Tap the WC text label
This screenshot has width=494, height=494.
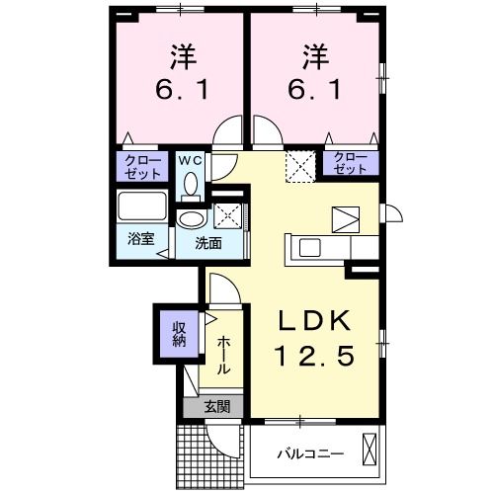coord(190,158)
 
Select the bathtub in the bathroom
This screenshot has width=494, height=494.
coord(140,208)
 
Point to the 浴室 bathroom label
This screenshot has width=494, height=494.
coord(139,240)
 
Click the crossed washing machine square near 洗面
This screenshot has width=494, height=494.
coord(228,214)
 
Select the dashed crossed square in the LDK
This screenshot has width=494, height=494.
coord(298,164)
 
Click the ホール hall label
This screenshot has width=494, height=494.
coord(224,353)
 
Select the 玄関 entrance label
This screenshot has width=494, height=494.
coord(216,406)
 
